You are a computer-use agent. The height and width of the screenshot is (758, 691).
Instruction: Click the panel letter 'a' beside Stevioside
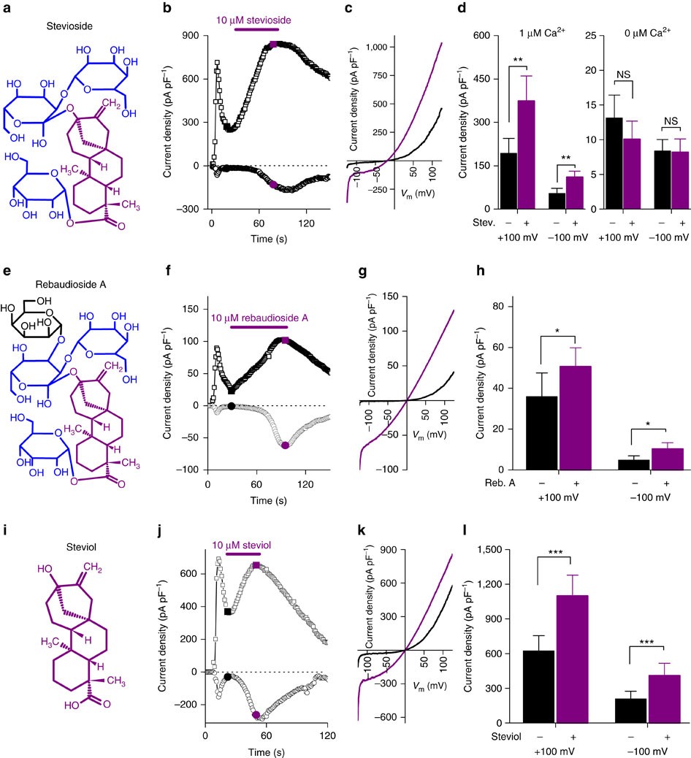(x=9, y=11)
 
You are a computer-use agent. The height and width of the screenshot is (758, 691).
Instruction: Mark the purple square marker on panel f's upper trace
(x=285, y=341)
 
